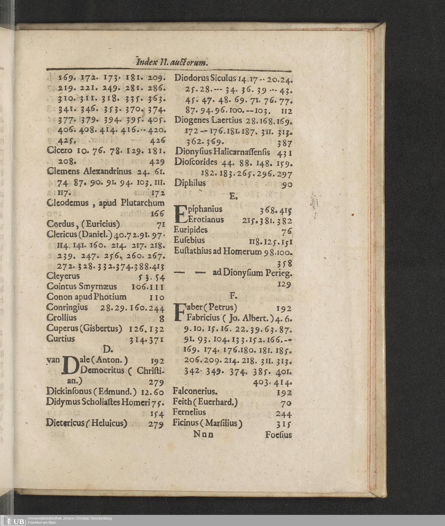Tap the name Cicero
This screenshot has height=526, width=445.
tap(59, 151)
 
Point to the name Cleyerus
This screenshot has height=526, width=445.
tap(63, 276)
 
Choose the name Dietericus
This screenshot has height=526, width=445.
tap(65, 423)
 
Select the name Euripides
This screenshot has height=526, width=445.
tap(191, 230)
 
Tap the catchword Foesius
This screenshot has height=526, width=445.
tap(279, 435)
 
